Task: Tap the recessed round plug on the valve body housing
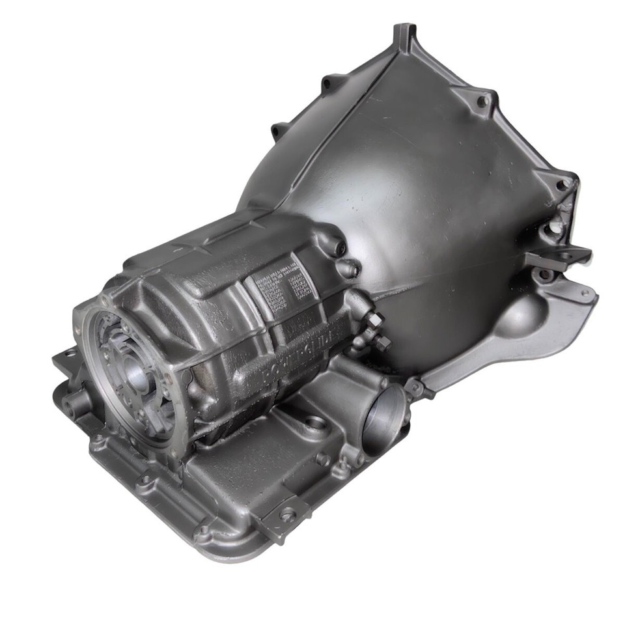[316, 423]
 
